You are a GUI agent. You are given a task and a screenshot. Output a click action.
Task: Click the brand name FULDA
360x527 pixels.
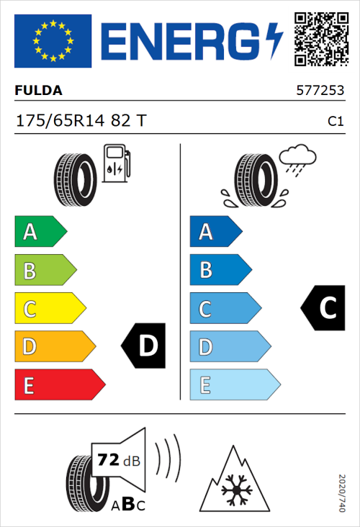38,91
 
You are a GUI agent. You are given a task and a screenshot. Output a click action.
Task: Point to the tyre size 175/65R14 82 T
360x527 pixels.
81,121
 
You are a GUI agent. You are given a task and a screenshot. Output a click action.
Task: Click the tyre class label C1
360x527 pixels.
335,122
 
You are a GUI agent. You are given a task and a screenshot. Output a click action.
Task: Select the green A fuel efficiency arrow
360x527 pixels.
40,233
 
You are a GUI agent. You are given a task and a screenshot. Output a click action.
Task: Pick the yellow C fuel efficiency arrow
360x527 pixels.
49,310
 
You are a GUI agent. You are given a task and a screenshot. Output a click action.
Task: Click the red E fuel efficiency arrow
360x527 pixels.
59,386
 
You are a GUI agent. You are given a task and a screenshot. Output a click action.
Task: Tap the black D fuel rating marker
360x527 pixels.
145,347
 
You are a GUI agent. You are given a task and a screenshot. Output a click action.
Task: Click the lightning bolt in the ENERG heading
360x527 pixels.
274,42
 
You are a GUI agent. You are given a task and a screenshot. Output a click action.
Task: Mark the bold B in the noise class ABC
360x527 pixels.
126,504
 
